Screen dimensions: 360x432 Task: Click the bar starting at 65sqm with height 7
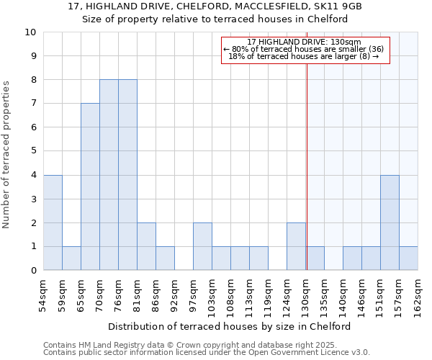tap(90, 187)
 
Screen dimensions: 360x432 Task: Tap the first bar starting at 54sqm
tap(53, 222)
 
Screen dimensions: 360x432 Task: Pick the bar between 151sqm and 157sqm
tap(390, 222)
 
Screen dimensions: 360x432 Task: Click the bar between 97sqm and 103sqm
tap(202, 246)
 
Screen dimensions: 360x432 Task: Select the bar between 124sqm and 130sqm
tap(296, 246)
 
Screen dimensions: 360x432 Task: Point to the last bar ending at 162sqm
tap(408, 258)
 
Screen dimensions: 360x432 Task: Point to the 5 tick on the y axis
tap(33, 151)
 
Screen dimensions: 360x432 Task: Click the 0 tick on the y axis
tap(33, 271)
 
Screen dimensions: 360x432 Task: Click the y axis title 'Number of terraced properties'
tap(6, 155)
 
